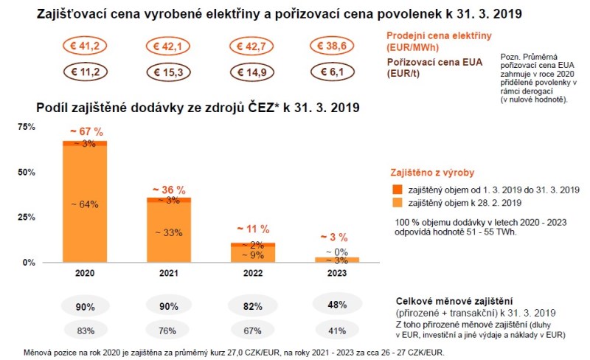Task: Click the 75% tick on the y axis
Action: tap(27, 128)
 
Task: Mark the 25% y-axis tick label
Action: tap(27, 218)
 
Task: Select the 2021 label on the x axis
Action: tap(169, 272)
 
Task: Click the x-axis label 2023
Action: tap(337, 272)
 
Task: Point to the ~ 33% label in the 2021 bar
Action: tap(169, 232)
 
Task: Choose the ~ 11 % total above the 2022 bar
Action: tap(253, 229)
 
